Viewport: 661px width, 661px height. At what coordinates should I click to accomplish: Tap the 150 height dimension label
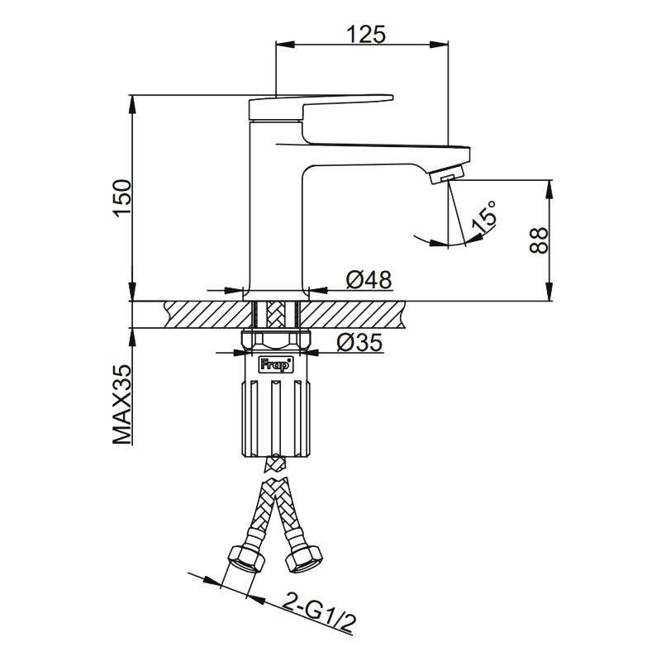tap(122, 198)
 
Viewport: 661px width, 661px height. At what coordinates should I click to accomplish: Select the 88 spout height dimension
tap(538, 240)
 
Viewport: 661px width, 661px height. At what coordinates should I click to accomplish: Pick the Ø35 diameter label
tap(359, 342)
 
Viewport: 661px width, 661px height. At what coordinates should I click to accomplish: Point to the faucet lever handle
tap(322, 104)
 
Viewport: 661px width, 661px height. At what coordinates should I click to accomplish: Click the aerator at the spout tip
tap(448, 175)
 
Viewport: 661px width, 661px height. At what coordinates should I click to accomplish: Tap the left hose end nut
tap(245, 560)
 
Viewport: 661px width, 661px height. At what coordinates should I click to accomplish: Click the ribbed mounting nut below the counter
tap(277, 417)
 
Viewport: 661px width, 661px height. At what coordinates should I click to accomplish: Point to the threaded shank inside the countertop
tap(277, 315)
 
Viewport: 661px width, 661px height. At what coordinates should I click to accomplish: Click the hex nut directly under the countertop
tap(277, 339)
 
